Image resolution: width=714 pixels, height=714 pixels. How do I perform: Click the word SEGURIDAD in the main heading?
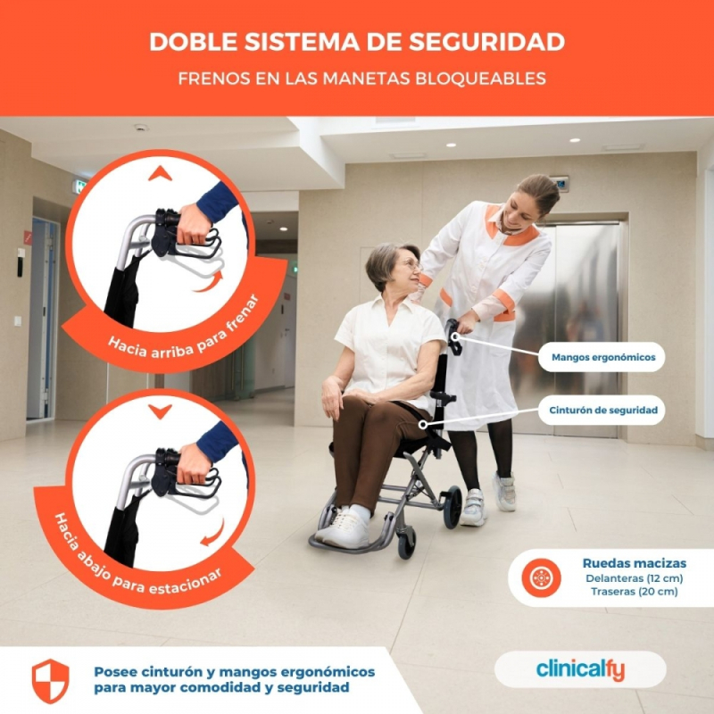486,41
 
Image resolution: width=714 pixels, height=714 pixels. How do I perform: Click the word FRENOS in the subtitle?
214,79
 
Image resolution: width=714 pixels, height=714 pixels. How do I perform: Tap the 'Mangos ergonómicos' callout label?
603,357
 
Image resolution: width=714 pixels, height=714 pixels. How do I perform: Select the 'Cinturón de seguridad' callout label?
603,410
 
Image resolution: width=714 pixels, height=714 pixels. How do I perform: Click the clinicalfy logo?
580,669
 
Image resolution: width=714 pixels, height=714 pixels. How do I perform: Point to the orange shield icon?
51,681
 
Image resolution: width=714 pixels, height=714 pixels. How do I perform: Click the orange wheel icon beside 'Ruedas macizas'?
541,577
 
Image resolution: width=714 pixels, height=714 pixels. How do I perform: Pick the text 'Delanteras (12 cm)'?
635,578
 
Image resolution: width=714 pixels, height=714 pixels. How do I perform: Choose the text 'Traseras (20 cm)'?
635,592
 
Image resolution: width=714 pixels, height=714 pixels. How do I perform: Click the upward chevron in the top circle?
160,174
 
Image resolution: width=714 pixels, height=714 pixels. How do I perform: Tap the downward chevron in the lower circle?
160,411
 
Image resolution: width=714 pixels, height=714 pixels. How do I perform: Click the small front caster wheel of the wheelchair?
407,544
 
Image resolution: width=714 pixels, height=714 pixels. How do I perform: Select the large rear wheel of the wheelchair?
452,507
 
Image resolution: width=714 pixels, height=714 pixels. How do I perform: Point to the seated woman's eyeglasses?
411,265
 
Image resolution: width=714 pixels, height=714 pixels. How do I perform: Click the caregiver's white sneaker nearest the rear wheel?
473,507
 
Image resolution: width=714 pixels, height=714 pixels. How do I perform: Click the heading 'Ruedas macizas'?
635,563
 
